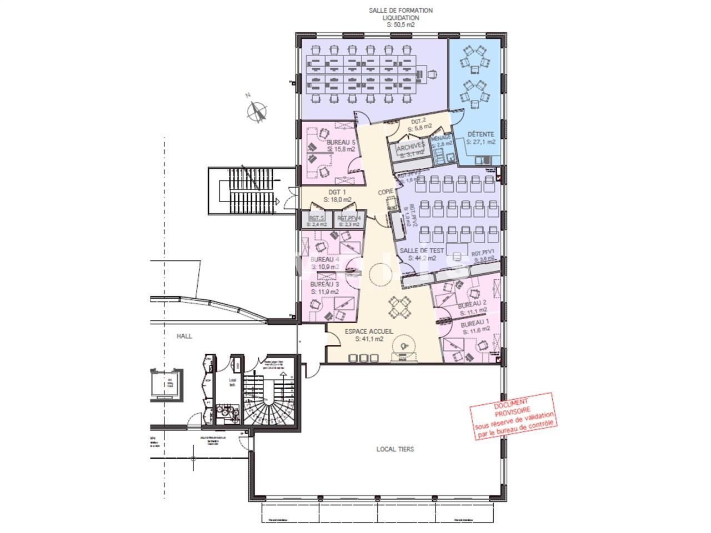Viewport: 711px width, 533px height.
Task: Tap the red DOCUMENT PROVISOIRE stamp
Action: point(513,416)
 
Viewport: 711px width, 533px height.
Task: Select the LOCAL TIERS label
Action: point(395,449)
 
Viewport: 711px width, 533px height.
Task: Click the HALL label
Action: point(184,336)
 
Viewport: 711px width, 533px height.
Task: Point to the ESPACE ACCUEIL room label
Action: point(369,331)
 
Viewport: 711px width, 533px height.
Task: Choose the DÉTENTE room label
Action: point(480,134)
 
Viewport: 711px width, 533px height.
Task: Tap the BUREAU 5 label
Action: point(341,142)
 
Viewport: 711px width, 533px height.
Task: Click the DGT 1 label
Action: point(337,192)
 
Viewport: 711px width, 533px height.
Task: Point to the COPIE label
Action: point(386,192)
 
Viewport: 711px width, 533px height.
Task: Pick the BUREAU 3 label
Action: point(325,284)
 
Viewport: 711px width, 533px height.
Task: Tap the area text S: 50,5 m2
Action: point(400,25)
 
